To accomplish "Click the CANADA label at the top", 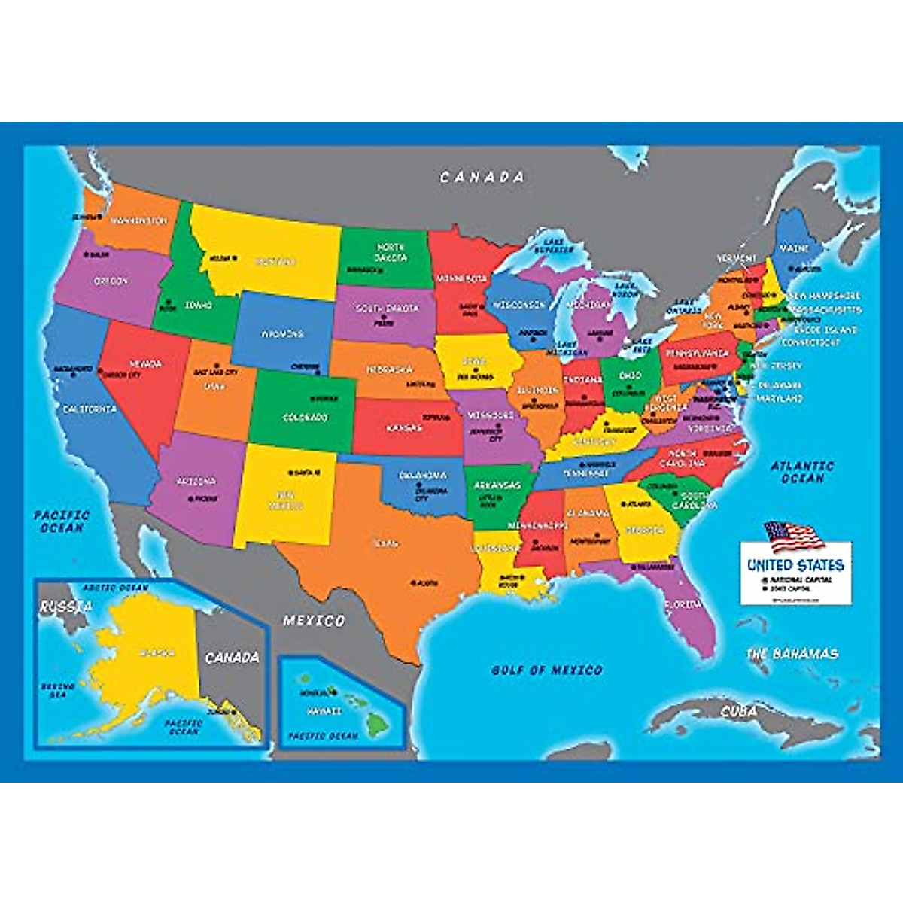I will [x=482, y=178].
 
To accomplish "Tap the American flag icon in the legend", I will [x=793, y=537].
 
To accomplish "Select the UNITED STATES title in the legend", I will [x=795, y=564].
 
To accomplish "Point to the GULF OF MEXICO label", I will [x=547, y=670].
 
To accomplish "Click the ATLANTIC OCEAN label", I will [x=802, y=472].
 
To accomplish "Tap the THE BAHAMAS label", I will [x=792, y=654].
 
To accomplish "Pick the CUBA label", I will [x=738, y=711].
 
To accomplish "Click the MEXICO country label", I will [x=314, y=621].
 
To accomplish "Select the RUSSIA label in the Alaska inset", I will [x=65, y=607].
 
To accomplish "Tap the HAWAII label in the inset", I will [x=324, y=711].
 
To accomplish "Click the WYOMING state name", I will [x=282, y=333].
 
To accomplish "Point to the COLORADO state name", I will [x=305, y=418].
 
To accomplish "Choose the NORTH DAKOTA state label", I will [x=391, y=252].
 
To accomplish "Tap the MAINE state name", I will [x=794, y=248].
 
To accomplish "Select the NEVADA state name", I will [x=146, y=364].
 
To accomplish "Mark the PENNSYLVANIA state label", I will [x=696, y=353].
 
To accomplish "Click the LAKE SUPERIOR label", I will [x=555, y=245].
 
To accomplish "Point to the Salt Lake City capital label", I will [x=216, y=372].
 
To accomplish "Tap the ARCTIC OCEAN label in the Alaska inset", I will [x=115, y=588].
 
